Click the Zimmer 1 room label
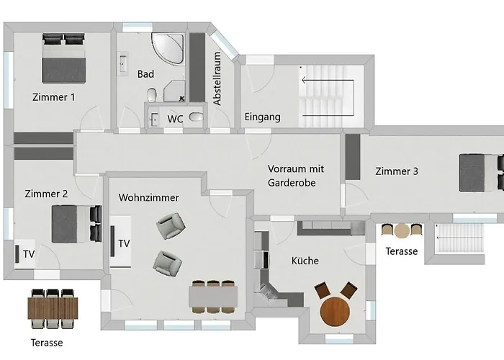coord(53,96)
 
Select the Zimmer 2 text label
coord(46,194)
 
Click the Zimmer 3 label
coord(396,171)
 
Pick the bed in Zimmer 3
coord(480,173)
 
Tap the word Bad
coord(145,74)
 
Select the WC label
coord(175,119)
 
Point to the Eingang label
coord(262,117)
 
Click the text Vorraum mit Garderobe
coord(295,176)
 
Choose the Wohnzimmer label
coord(148,197)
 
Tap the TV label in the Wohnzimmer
coord(125,243)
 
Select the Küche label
coord(305,261)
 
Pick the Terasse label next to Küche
coord(401,251)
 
